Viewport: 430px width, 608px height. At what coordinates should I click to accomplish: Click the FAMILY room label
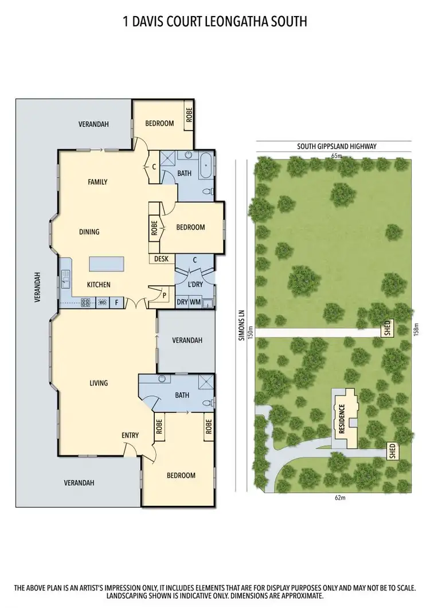97,182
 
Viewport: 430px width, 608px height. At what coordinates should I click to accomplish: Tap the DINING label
89,232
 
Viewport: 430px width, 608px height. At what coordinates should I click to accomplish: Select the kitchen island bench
107,264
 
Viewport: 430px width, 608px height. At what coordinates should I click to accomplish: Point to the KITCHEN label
99,284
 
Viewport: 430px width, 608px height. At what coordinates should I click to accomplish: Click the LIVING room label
99,383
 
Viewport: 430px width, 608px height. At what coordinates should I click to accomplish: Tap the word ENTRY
130,435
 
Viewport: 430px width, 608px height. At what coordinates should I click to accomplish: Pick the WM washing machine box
196,302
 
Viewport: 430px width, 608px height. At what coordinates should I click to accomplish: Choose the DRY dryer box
182,302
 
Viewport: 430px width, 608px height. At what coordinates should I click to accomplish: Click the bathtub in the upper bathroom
206,167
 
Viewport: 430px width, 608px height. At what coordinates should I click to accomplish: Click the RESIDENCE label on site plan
342,419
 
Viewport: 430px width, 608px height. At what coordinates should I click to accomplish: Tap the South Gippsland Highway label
337,146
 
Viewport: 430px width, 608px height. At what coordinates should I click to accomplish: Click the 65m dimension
336,155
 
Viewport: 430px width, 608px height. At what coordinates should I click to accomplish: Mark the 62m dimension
340,497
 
